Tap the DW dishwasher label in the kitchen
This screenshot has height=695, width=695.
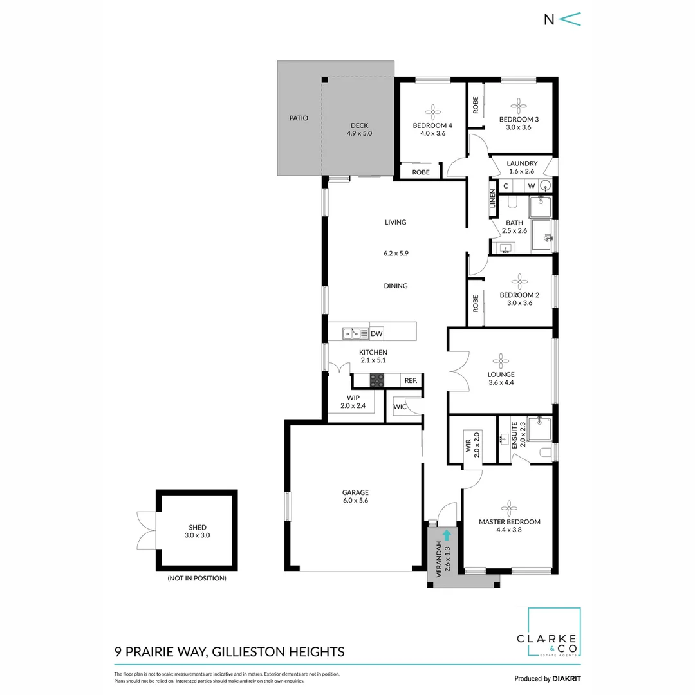point(377,333)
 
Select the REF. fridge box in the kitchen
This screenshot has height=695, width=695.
point(411,381)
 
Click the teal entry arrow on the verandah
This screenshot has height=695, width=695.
point(447,533)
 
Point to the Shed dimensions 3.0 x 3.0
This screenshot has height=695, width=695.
point(198,535)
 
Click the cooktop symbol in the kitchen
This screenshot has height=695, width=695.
point(376,381)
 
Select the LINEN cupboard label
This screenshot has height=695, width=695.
point(493,200)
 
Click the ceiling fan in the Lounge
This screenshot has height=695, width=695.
point(501,360)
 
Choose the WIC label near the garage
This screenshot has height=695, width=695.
point(399,407)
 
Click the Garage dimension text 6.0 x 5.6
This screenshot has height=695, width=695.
point(355,500)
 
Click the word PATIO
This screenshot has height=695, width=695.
point(299,118)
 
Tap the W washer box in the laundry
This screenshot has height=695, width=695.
point(532,186)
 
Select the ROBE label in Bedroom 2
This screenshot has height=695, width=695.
point(476,302)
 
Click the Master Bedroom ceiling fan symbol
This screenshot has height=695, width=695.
point(509,507)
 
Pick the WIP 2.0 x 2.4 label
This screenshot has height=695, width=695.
point(353,402)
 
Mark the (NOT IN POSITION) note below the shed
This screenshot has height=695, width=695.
point(197,578)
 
